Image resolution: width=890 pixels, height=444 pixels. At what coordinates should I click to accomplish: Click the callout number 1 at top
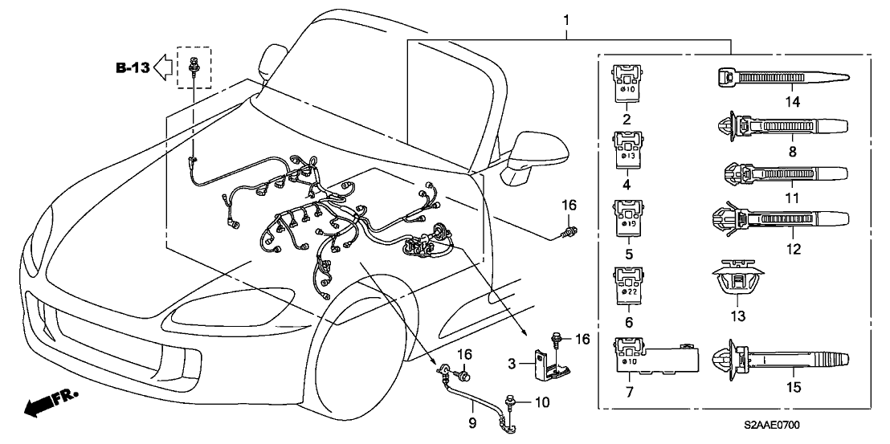tap(568, 18)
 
